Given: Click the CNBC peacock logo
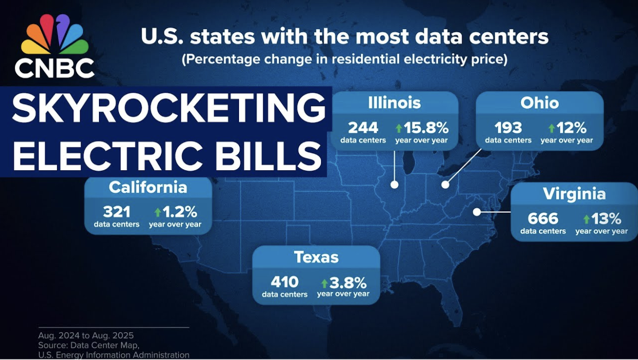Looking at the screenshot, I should (x=55, y=35).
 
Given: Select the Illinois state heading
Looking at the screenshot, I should (x=394, y=103).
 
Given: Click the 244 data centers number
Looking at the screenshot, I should (x=363, y=127).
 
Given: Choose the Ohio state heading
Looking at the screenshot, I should (x=539, y=103).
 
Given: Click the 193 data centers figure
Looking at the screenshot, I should (x=508, y=127).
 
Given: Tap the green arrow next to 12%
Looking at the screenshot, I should (x=551, y=128).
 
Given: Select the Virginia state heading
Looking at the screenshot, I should (x=574, y=194).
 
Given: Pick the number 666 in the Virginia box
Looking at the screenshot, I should (x=543, y=218).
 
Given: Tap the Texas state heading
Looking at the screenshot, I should (x=316, y=257).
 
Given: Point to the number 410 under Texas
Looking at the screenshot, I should (x=284, y=282).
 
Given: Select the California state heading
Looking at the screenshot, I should (x=148, y=187).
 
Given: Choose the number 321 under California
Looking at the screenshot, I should (x=116, y=211).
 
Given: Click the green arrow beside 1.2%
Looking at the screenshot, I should (x=157, y=212).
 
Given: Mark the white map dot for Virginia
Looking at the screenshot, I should (x=477, y=211).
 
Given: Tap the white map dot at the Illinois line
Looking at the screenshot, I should (x=394, y=185).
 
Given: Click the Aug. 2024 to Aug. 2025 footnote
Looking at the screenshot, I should (x=86, y=335).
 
